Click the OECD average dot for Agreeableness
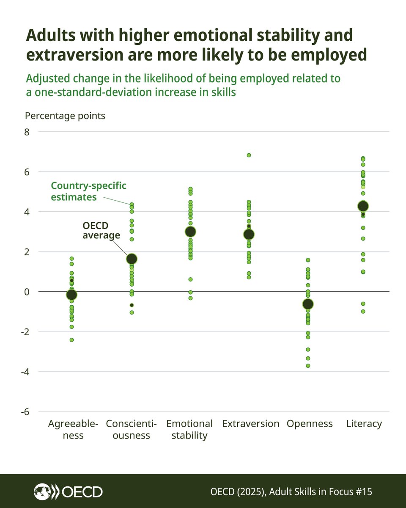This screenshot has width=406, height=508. [72, 295]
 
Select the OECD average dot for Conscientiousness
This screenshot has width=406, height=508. [132, 259]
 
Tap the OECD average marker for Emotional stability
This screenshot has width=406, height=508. [190, 232]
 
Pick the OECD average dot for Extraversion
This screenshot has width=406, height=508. [249, 234]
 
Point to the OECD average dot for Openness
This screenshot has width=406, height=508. [308, 304]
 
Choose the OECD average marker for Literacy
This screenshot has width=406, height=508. [363, 206]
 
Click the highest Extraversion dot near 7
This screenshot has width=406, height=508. [249, 155]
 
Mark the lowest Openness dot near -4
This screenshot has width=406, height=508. [308, 366]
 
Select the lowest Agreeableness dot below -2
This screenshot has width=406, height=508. [72, 340]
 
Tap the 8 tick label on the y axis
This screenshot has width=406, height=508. [27, 132]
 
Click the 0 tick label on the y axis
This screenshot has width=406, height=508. [27, 292]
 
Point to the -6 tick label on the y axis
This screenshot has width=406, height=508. [25, 411]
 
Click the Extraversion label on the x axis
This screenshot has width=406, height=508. [250, 424]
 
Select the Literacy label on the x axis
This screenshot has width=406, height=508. [364, 424]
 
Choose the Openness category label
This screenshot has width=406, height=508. [310, 424]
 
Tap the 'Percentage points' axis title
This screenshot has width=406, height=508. [65, 116]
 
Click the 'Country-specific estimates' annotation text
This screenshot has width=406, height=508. [88, 191]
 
